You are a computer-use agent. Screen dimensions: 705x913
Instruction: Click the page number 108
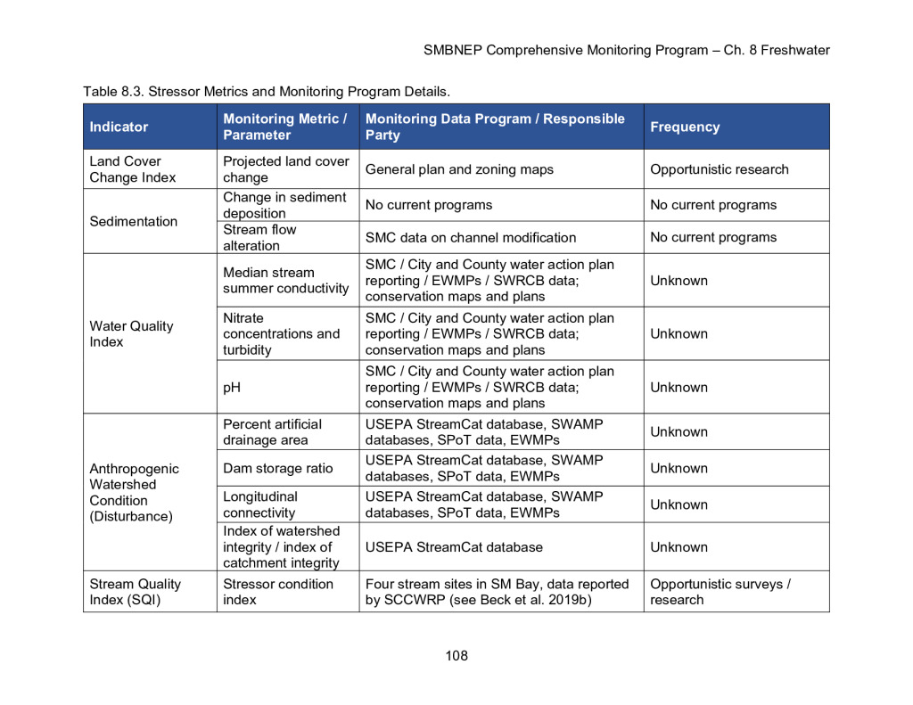tap(456, 656)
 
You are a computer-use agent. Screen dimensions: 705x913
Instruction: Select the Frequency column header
tap(685, 127)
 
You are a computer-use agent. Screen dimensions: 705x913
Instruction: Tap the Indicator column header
tap(119, 127)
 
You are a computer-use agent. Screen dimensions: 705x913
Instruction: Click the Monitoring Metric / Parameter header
tap(285, 127)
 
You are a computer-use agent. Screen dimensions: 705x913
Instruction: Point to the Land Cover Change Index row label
tap(133, 169)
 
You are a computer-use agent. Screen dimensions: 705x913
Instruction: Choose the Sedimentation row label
tap(133, 221)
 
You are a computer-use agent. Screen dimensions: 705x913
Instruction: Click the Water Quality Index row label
tap(131, 333)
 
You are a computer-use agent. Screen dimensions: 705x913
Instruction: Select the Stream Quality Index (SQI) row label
tap(135, 592)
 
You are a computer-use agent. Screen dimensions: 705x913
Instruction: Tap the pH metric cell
tap(233, 387)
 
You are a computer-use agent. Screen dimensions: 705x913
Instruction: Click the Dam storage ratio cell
tap(278, 468)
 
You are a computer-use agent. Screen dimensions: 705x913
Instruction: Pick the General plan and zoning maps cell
tap(459, 169)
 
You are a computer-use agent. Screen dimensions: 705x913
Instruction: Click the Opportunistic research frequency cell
tap(719, 169)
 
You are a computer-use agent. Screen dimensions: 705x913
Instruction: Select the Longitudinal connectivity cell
tap(260, 504)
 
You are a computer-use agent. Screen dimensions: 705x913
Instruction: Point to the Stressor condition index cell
tap(278, 592)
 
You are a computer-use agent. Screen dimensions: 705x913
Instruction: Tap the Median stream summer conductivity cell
tap(285, 280)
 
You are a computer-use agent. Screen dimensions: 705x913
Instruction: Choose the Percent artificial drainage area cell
tap(272, 432)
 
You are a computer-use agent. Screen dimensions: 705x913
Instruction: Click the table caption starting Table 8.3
tap(267, 91)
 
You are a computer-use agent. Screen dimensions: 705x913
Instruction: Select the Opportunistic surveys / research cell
tap(720, 592)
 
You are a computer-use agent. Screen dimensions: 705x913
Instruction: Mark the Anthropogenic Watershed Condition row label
tap(134, 492)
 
